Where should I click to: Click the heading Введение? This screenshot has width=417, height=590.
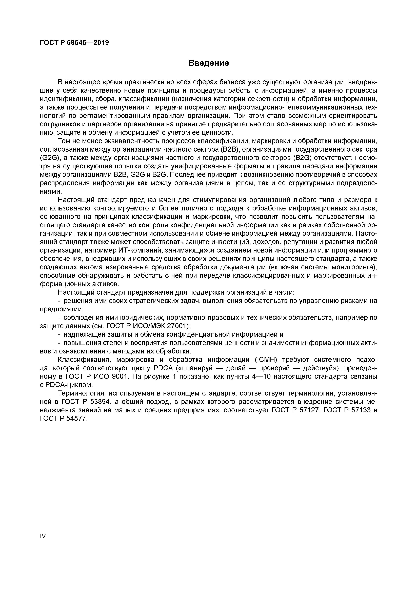[x=208, y=63]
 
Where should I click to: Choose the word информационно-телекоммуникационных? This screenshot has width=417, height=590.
[x=292, y=107]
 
